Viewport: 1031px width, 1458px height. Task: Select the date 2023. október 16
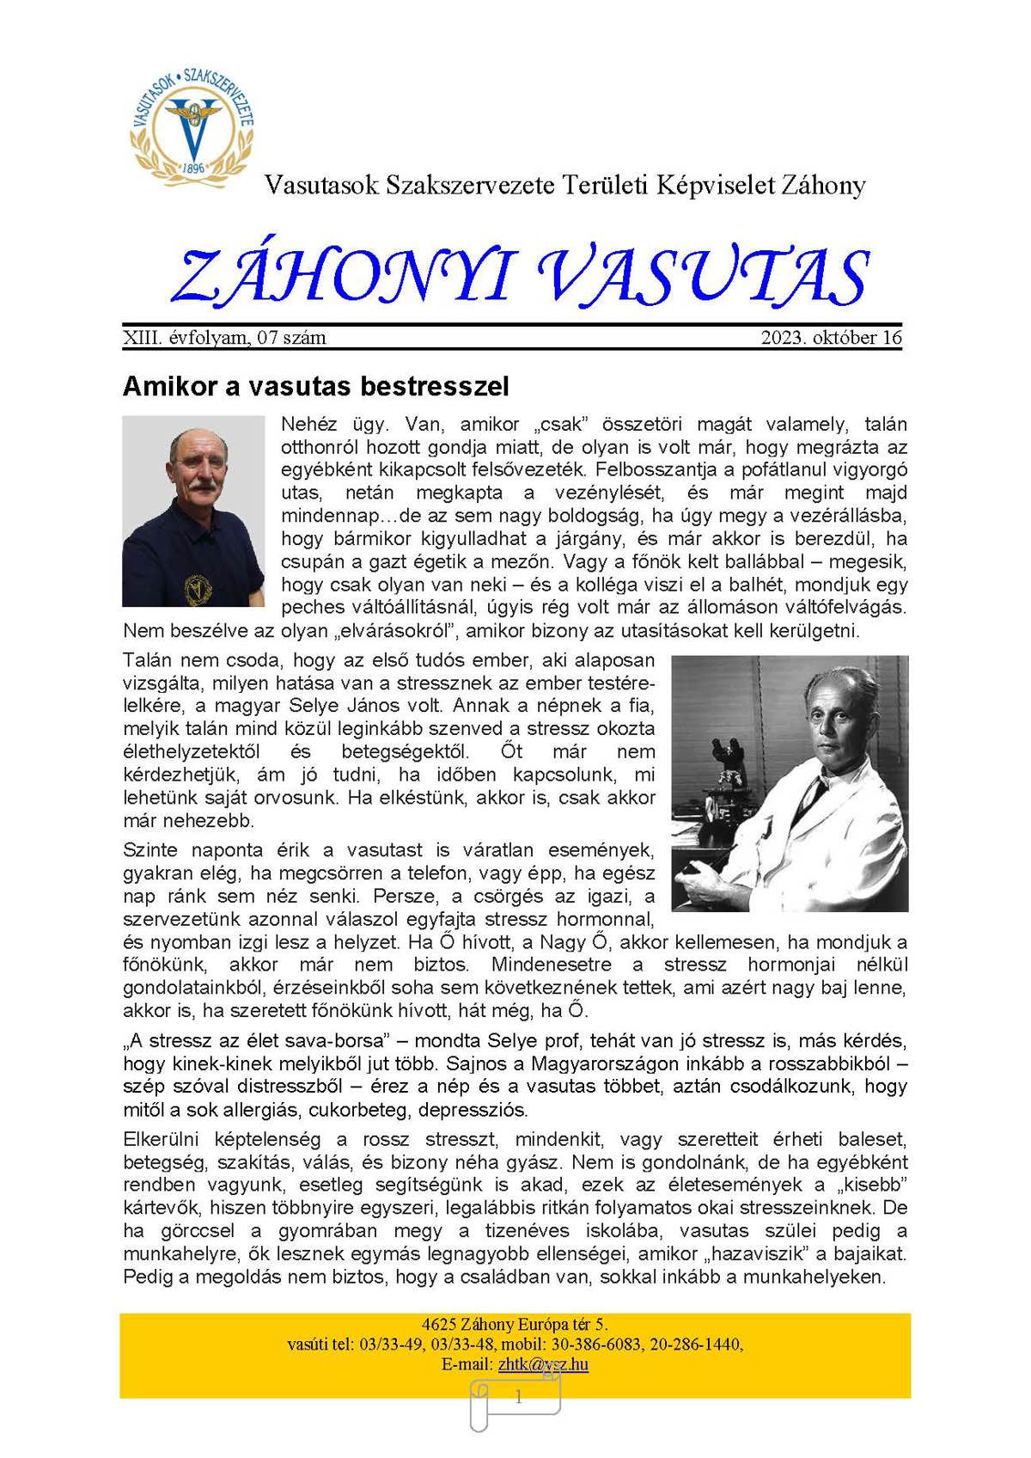point(831,338)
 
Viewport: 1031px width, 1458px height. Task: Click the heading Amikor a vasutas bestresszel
point(315,386)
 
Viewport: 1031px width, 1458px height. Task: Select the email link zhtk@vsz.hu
point(543,1364)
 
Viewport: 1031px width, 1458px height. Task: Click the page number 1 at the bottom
point(518,1398)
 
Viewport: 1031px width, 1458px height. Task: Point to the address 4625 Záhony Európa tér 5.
point(515,1324)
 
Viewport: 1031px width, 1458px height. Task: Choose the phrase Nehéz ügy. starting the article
point(323,424)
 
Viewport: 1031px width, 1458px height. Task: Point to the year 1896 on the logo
point(194,168)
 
